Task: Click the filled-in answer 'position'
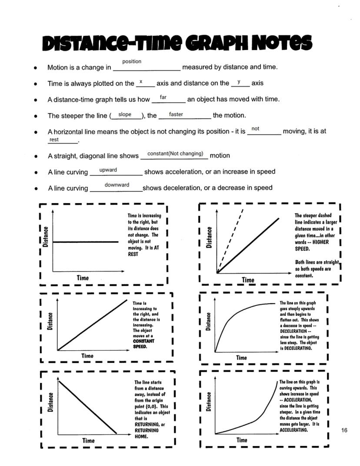(x=132, y=61)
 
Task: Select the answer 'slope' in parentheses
(x=125, y=114)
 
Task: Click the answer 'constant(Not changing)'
(x=175, y=154)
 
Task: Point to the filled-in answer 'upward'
(x=108, y=170)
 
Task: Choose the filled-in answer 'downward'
(x=117, y=185)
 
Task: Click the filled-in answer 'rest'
(x=54, y=140)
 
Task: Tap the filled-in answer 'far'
(x=163, y=97)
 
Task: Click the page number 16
(x=344, y=430)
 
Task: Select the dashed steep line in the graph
(x=230, y=241)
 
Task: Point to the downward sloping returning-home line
(x=87, y=407)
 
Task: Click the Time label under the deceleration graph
(x=241, y=358)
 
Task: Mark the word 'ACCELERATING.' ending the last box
(x=294, y=430)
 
